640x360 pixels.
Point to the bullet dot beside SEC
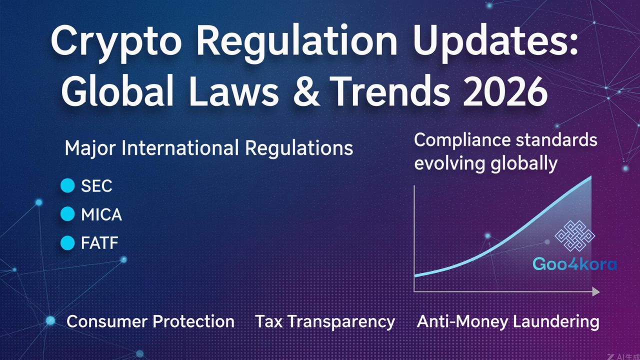pyautogui.click(x=67, y=186)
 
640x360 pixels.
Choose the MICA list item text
pyautogui.click(x=101, y=214)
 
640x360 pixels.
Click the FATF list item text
pyautogui.click(x=99, y=243)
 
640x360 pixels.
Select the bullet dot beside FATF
pyautogui.click(x=67, y=243)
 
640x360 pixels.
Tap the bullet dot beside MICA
pyautogui.click(x=67, y=214)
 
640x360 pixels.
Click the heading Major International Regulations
pyautogui.click(x=209, y=148)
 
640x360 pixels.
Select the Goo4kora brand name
pyautogui.click(x=574, y=263)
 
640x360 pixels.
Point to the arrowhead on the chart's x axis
pyautogui.click(x=595, y=291)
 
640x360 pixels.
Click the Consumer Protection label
pyautogui.click(x=150, y=321)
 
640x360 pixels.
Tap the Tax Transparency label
pyautogui.click(x=325, y=321)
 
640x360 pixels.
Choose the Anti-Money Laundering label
pyautogui.click(x=508, y=321)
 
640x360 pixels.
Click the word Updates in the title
pyautogui.click(x=494, y=41)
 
